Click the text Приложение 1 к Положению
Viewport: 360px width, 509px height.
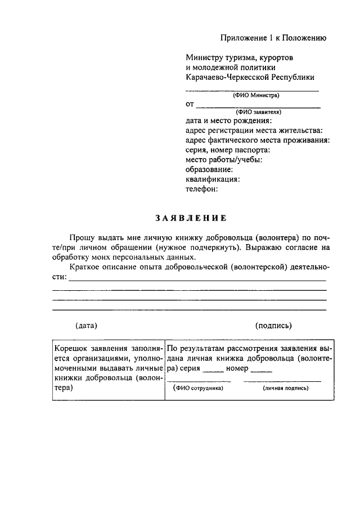[x=273, y=38]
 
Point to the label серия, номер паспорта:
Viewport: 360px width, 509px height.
[x=228, y=150]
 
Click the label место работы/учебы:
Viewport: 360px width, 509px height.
[x=224, y=160]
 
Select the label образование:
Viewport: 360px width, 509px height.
[x=209, y=169]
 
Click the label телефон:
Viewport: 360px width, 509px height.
[x=202, y=189]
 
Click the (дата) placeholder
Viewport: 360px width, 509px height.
[x=87, y=325]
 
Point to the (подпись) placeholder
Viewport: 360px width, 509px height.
[x=273, y=325]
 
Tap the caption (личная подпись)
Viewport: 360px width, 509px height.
[x=286, y=388]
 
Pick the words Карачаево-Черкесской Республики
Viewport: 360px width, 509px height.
[x=250, y=77]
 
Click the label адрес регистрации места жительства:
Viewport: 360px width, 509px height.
[x=254, y=130]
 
